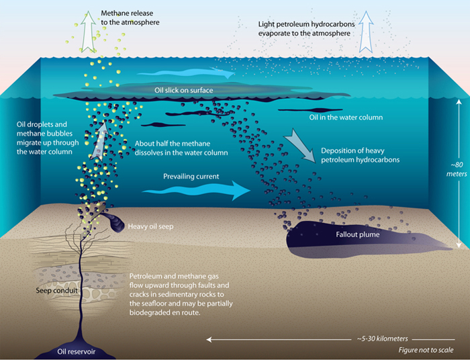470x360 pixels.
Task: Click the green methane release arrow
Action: [88, 32]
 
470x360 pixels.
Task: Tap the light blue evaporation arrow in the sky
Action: [366, 32]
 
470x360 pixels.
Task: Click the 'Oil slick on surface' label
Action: [184, 90]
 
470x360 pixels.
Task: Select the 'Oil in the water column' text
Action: [346, 118]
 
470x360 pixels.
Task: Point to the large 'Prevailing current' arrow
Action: [196, 190]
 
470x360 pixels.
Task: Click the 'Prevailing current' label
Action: [191, 176]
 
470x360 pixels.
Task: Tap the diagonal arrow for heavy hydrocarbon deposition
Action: [299, 145]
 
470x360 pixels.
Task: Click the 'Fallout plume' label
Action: [358, 234]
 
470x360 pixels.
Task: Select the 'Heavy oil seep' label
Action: [150, 226]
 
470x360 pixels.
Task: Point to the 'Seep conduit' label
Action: [56, 290]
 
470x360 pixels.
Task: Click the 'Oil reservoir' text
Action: [76, 351]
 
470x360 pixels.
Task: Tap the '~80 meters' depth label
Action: [457, 169]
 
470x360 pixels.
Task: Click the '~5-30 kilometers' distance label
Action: [383, 339]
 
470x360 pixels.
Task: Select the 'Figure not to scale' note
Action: [426, 350]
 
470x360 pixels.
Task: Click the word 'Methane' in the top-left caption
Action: [115, 13]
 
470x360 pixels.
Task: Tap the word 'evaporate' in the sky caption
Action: [274, 34]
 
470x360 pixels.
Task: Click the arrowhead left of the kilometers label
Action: [209, 339]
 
